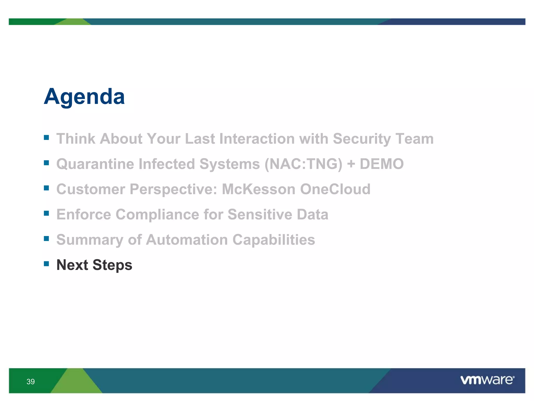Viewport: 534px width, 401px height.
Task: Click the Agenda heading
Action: [x=84, y=97]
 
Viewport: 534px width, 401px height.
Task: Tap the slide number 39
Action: [x=31, y=382]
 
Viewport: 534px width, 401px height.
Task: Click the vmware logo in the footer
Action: [x=487, y=380]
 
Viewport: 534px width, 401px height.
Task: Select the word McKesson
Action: [x=258, y=189]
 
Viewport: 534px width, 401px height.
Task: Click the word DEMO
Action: [x=382, y=164]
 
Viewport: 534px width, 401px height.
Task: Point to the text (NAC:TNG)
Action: [x=303, y=164]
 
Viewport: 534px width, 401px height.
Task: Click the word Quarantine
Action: [x=95, y=164]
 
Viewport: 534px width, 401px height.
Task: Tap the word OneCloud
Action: [x=335, y=189]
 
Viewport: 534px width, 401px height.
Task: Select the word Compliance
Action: [x=157, y=214]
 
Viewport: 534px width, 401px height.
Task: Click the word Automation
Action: [x=187, y=240]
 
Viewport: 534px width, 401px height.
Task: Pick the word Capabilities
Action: [x=274, y=240]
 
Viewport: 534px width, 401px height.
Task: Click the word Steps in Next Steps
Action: [x=112, y=265]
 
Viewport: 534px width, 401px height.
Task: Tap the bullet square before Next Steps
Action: [x=46, y=264]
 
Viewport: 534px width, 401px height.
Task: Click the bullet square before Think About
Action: [x=46, y=137]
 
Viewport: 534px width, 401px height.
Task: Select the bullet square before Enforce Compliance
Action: [x=46, y=213]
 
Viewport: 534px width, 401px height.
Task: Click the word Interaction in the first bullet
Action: [x=257, y=139]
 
